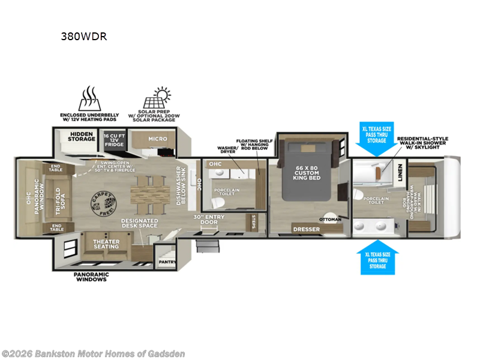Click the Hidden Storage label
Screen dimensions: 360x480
(x=83, y=136)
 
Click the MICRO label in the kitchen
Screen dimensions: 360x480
(x=158, y=139)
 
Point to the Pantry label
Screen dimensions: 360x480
(x=166, y=262)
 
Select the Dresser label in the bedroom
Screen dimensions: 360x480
(x=305, y=229)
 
